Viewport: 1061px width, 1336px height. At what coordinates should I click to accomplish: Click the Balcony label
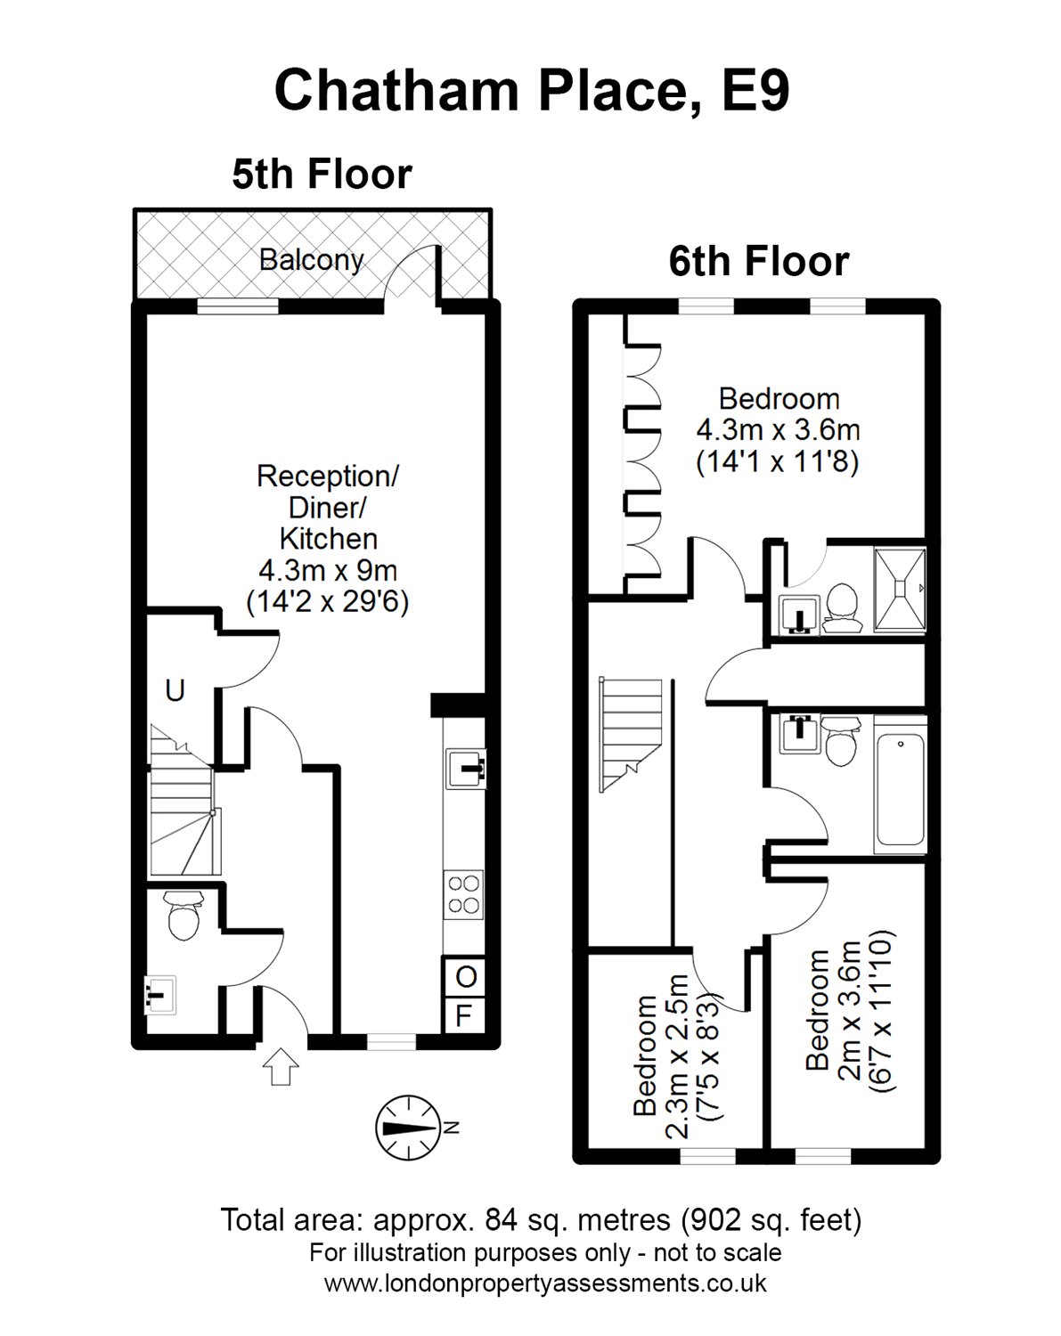(311, 259)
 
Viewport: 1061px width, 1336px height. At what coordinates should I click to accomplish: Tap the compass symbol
(408, 1127)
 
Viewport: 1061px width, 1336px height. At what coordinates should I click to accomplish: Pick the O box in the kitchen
(465, 977)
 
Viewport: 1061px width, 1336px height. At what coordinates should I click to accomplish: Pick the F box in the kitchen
(464, 1015)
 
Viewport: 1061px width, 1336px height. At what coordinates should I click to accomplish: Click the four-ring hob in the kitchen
(464, 894)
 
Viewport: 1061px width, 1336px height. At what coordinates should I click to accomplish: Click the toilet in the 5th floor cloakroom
(183, 918)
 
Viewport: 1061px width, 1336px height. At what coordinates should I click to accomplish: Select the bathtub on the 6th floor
(901, 794)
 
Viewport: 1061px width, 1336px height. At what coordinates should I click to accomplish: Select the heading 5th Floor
(322, 174)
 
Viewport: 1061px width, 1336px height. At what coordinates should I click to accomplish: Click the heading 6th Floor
(758, 261)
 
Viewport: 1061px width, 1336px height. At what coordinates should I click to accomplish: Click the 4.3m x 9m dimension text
(327, 570)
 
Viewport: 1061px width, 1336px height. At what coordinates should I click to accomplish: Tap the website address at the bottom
(544, 1283)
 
